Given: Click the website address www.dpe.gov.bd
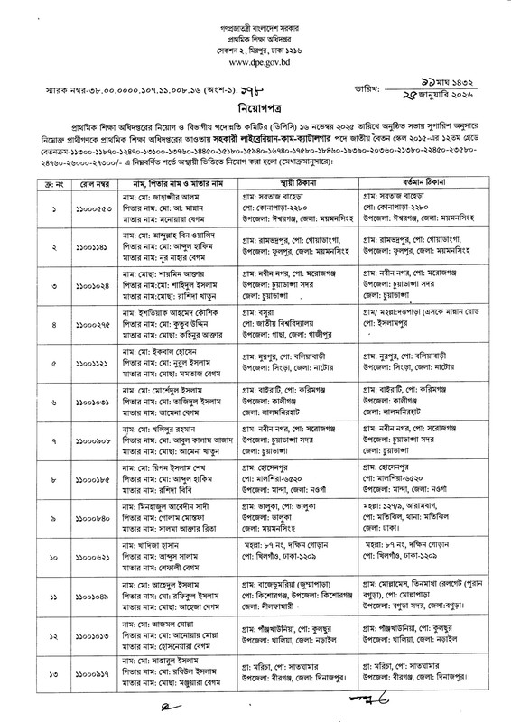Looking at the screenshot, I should (x=255, y=65).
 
